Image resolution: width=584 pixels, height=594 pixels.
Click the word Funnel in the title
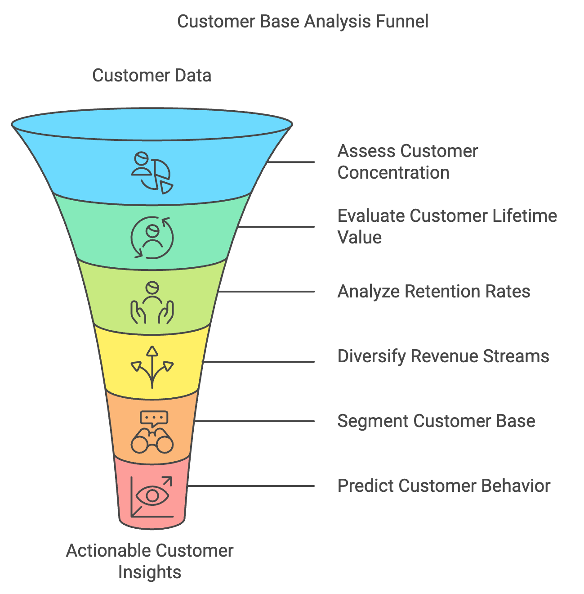point(402,22)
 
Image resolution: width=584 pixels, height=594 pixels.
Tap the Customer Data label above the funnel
point(152,76)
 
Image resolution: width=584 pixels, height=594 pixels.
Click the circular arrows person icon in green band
point(152,238)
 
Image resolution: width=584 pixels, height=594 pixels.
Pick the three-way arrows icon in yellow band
point(152,367)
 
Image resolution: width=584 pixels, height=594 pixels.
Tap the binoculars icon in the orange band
point(152,441)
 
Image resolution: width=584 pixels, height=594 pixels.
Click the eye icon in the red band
point(152,495)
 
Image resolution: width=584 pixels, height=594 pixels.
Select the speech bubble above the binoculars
point(154,419)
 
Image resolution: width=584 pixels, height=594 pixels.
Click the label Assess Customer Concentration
point(407,162)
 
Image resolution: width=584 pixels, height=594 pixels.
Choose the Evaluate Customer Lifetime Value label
point(447,226)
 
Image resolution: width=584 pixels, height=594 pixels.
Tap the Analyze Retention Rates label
point(434,291)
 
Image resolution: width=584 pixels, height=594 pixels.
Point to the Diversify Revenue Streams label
point(443,356)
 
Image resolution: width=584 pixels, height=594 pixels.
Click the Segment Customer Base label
point(436,421)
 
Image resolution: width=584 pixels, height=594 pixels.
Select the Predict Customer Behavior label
point(444,486)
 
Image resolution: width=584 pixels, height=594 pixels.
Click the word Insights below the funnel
point(150,572)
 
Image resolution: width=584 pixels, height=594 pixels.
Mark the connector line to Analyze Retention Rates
point(267,291)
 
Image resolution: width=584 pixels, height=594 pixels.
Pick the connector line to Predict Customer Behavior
point(251,486)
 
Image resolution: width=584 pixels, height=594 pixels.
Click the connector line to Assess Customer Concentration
point(290,162)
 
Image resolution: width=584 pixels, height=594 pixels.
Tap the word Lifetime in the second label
point(525,216)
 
